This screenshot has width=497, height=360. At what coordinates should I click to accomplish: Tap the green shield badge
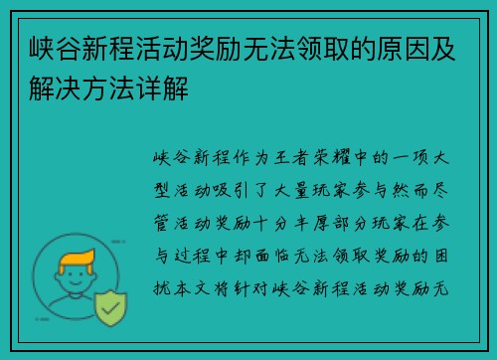pos(111,311)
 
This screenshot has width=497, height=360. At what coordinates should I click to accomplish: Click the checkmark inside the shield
pos(111,311)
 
